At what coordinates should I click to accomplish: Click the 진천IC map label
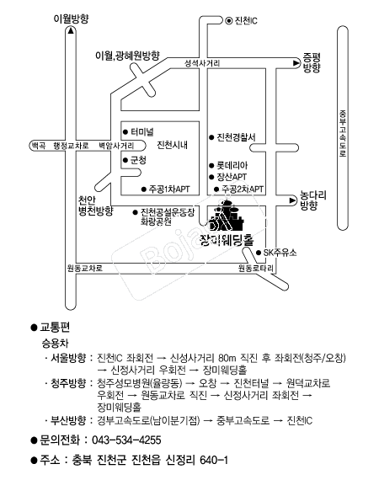[246, 21]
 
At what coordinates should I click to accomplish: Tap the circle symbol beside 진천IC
[229, 21]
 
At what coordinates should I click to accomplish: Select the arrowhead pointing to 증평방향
[296, 63]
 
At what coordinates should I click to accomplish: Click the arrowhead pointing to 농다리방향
[293, 200]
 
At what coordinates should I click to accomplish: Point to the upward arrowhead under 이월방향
[71, 30]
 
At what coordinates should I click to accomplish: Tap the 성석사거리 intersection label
[202, 63]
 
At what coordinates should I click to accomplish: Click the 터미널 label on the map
[142, 132]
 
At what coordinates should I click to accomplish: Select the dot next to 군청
[125, 160]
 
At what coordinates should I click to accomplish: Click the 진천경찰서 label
[236, 137]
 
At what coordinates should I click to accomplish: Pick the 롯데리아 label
[232, 166]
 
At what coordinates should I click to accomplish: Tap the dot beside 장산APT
[211, 177]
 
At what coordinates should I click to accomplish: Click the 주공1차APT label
[169, 189]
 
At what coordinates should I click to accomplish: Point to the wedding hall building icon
[227, 216]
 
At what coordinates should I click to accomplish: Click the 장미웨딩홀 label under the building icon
[227, 240]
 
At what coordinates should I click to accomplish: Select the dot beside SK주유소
[259, 253]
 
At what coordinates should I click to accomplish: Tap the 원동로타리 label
[256, 269]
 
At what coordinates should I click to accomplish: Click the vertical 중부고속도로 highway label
[343, 133]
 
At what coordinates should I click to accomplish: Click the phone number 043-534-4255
[126, 440]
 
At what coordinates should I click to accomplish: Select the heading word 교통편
[55, 328]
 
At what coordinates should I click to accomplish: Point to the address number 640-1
[214, 460]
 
